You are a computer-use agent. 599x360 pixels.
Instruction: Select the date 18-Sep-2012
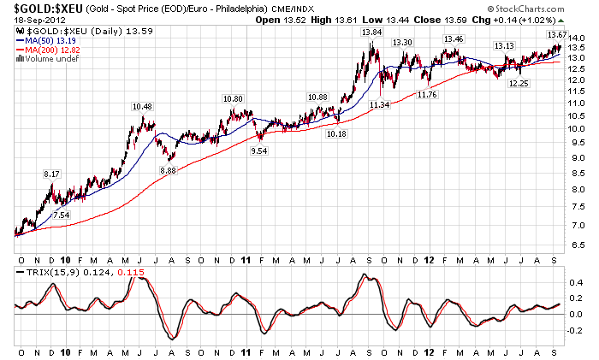(x=30, y=20)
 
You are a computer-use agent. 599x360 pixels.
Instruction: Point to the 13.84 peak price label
(x=371, y=32)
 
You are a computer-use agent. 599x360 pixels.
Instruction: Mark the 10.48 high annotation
(x=142, y=106)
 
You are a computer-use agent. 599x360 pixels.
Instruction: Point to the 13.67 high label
(x=556, y=33)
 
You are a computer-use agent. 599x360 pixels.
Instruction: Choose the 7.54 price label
(x=62, y=215)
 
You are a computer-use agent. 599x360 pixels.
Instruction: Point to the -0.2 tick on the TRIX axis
(x=578, y=332)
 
